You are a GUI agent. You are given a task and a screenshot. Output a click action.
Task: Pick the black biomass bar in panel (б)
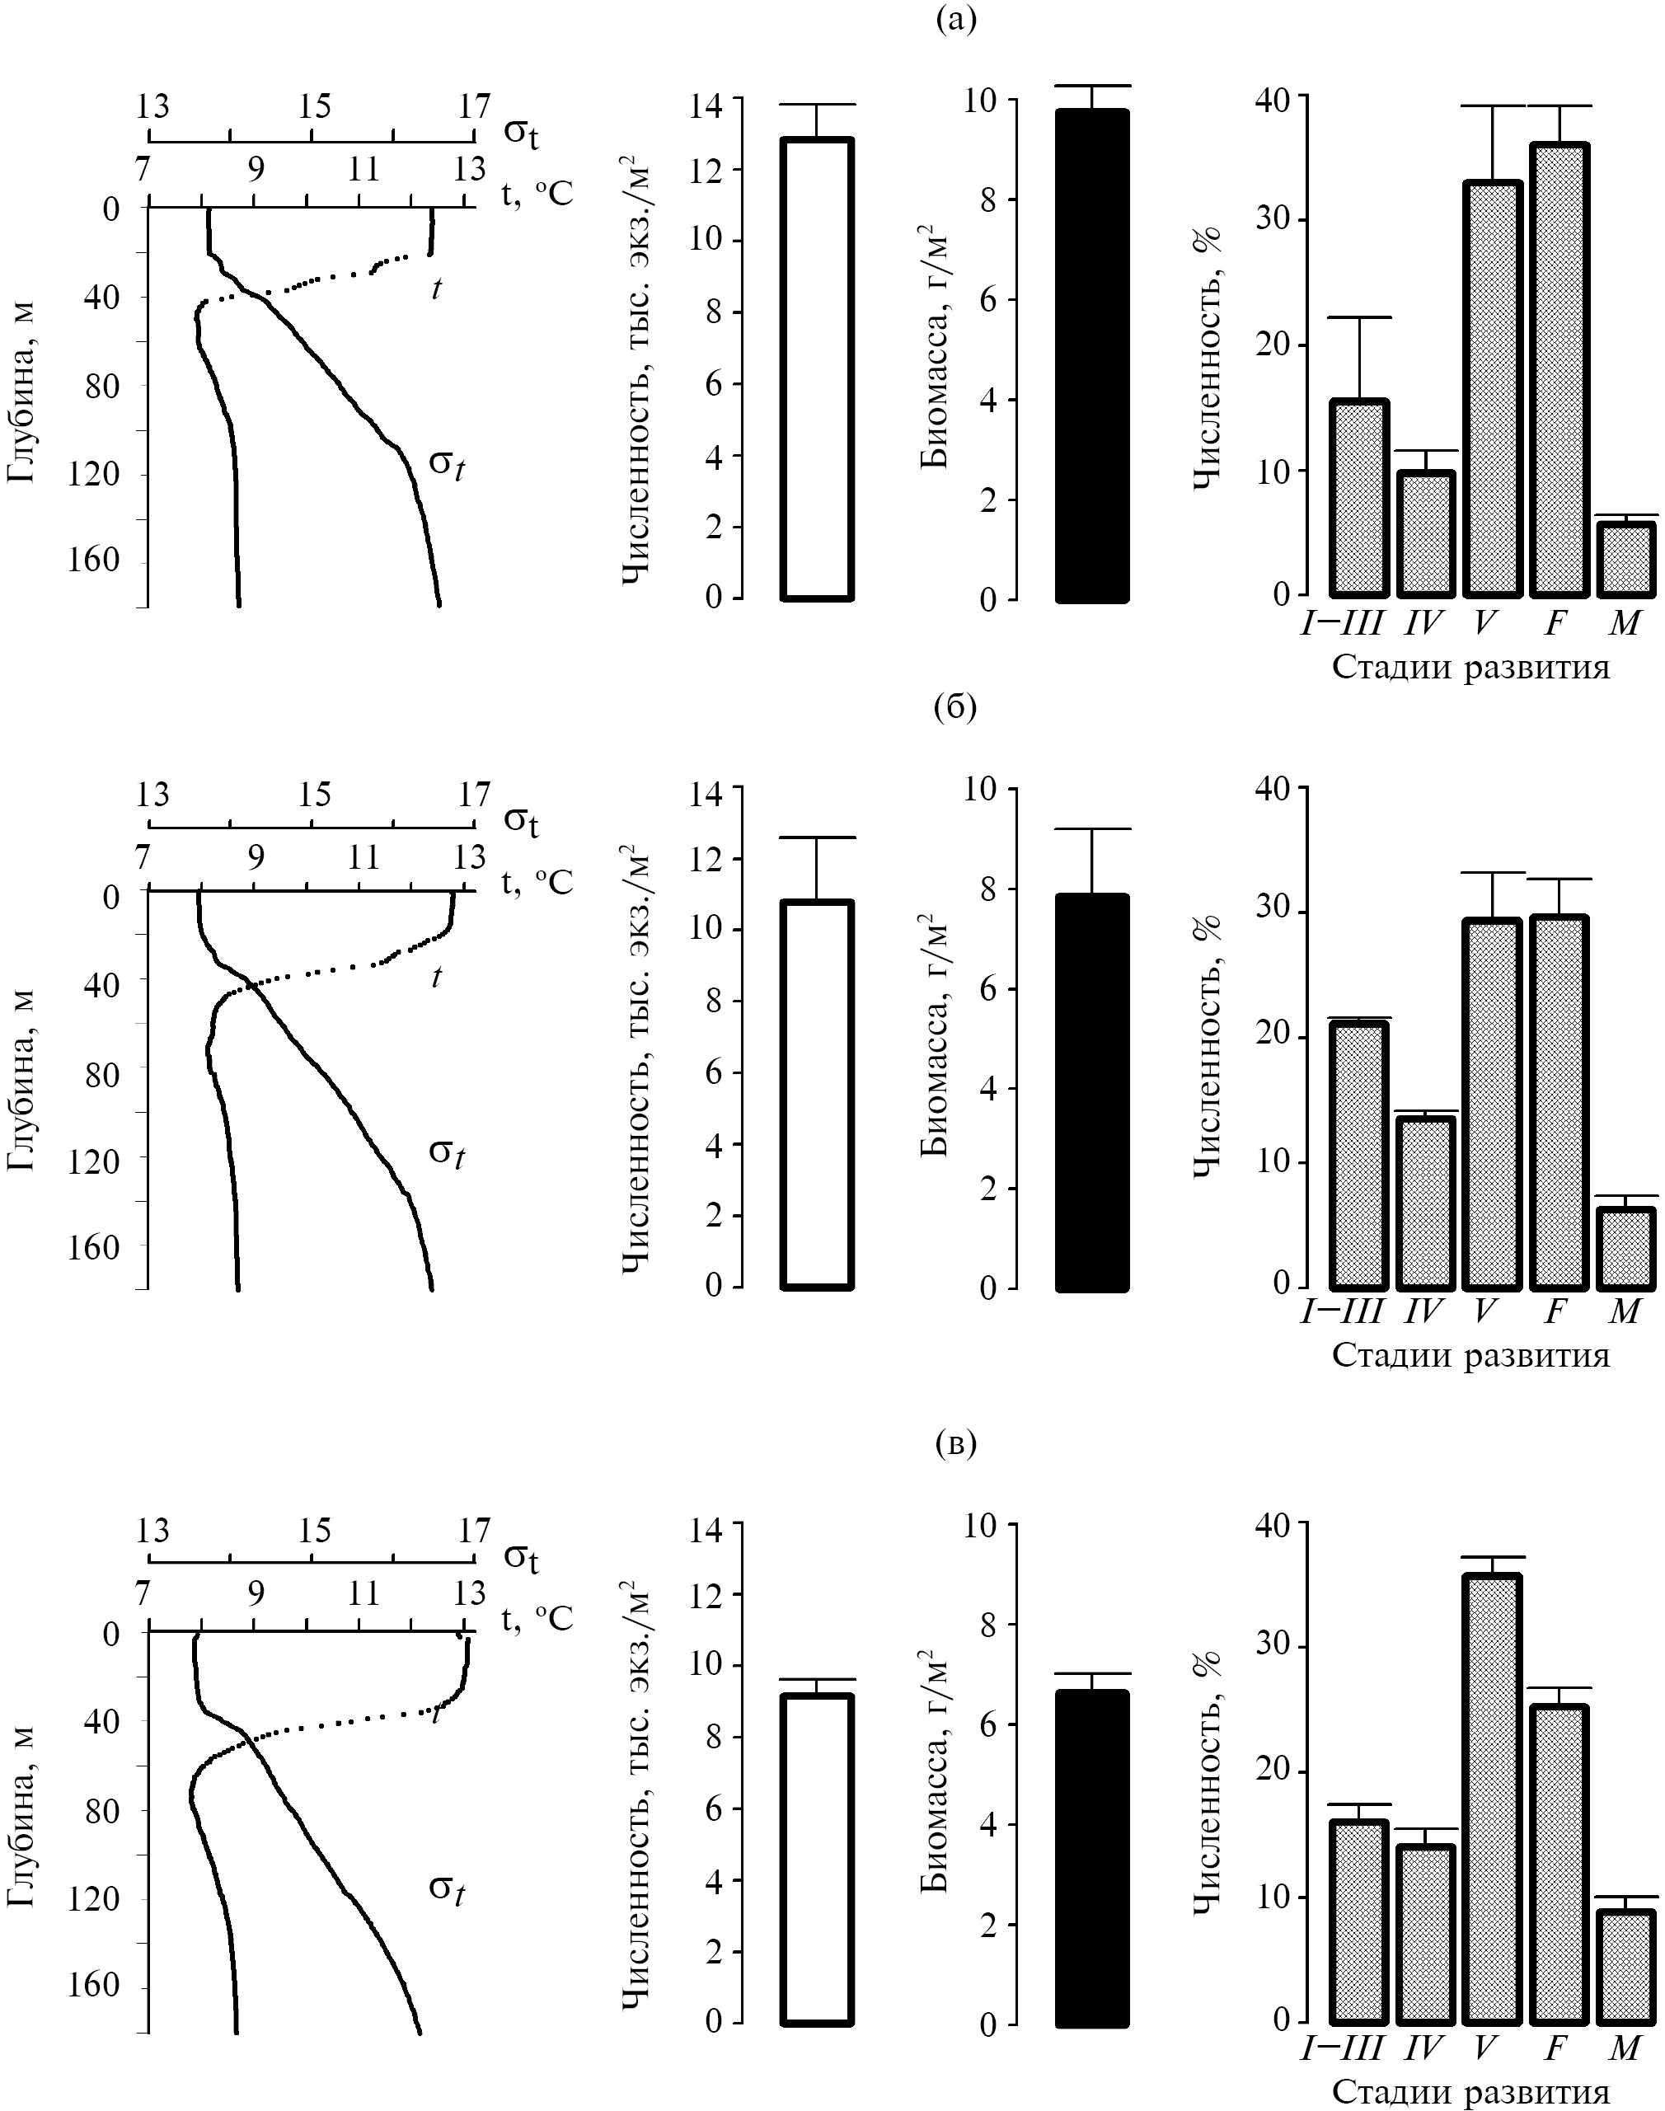point(1093,1092)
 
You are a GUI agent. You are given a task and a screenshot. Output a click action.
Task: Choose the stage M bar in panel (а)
point(1627,560)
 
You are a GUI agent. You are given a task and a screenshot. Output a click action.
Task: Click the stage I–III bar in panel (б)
point(1358,1154)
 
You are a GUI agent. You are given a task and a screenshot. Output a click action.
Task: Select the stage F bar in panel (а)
point(1559,369)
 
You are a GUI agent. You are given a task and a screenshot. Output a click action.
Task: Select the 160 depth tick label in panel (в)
point(97,1987)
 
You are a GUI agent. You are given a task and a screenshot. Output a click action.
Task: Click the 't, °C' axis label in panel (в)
point(537,1619)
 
